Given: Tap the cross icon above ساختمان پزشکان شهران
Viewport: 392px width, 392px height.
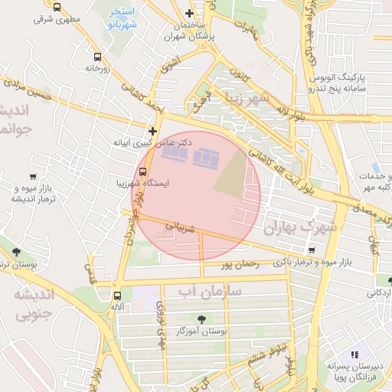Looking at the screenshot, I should pos(190,13).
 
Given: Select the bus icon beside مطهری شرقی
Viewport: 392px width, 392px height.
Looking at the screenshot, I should pos(57,7).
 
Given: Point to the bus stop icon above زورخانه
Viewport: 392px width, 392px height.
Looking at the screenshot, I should pos(97,57).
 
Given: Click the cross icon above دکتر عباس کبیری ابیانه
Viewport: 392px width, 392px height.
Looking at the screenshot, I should pos(153,131).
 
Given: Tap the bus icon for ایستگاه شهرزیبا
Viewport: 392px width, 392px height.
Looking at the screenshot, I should pos(143,171).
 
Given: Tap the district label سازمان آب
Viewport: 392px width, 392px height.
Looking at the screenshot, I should pos(209,292).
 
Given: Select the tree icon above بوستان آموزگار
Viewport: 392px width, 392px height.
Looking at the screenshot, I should pos(201,319).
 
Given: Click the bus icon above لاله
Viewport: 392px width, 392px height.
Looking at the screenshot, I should pos(117,296).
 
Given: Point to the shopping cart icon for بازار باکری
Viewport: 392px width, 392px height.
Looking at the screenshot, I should pos(311,250).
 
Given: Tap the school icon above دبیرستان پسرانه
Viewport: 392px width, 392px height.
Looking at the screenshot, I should pos(354,354).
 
